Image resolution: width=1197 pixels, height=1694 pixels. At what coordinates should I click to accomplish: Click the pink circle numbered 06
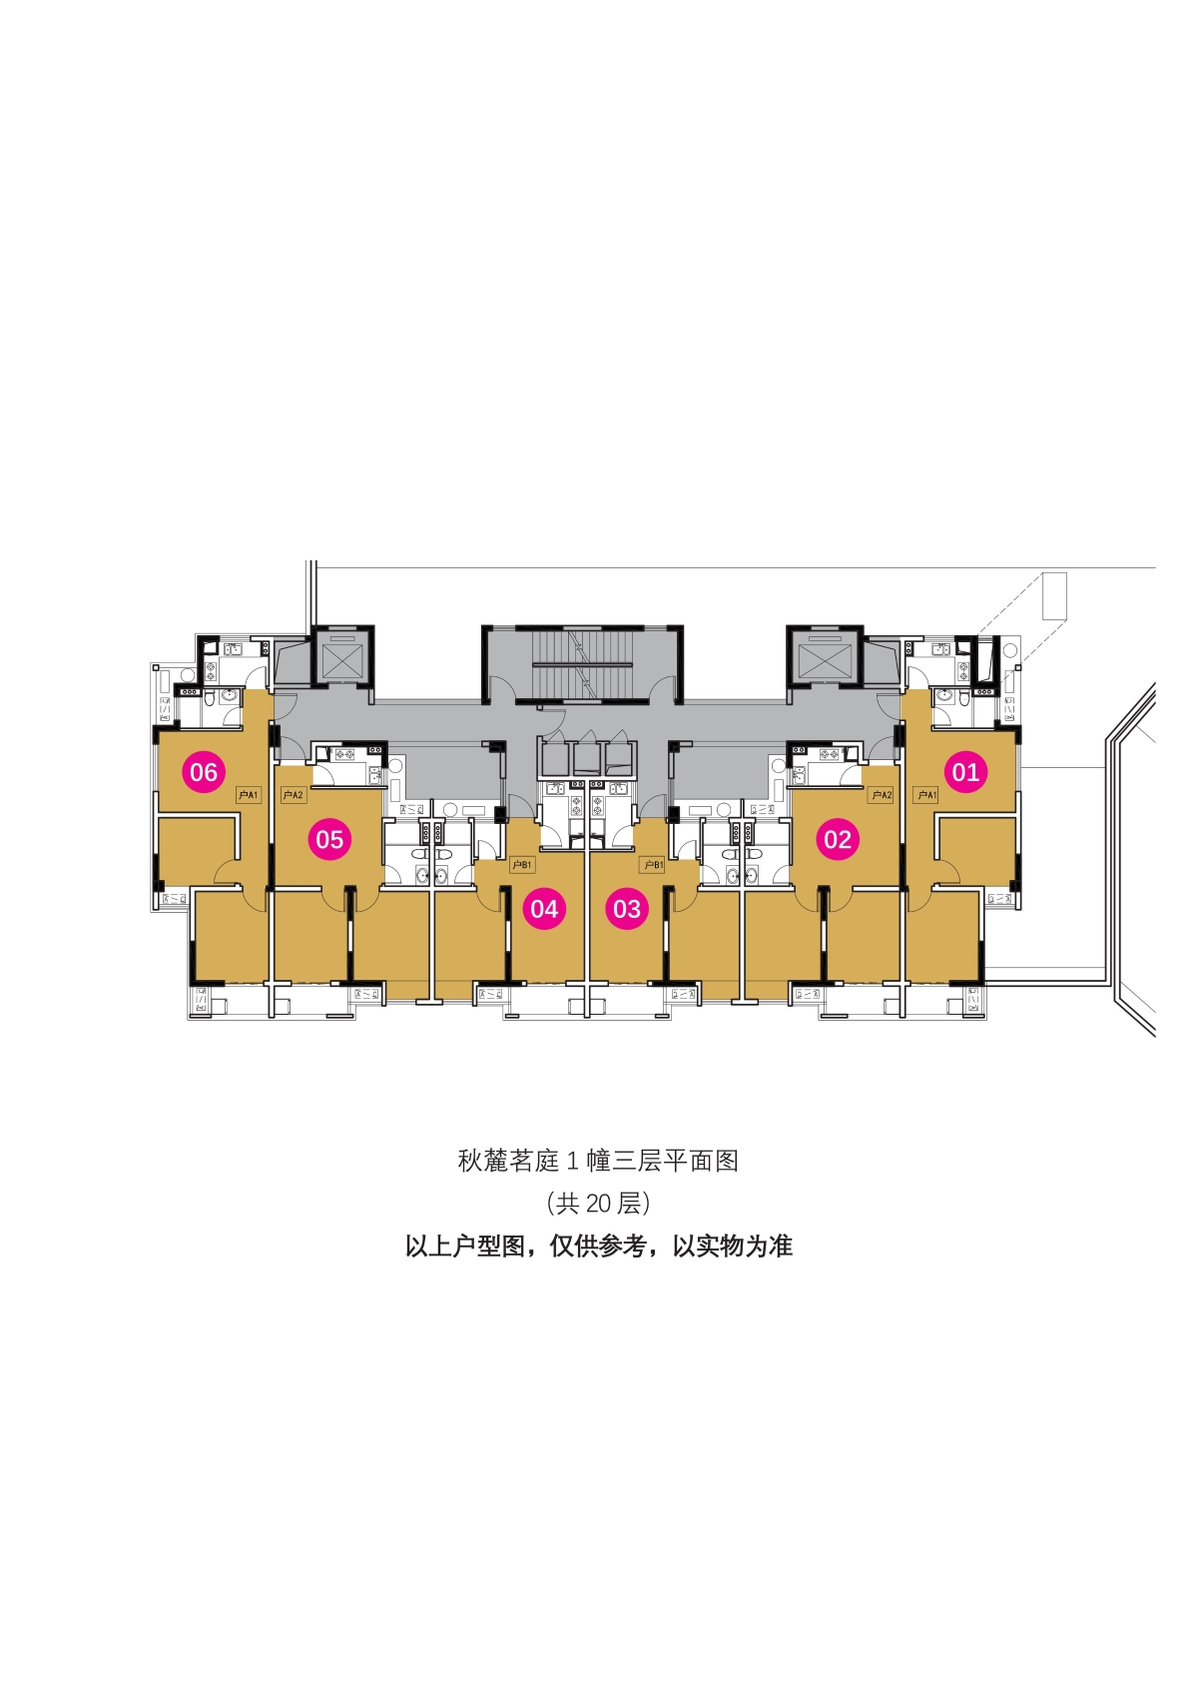coord(204,772)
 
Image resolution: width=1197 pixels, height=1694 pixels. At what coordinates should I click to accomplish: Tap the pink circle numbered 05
coord(329,839)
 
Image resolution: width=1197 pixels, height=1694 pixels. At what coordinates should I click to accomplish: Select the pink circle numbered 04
coord(544,908)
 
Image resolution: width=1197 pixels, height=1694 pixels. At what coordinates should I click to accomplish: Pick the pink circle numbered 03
coord(627,908)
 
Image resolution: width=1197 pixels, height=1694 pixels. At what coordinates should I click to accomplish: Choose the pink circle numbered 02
coord(838,839)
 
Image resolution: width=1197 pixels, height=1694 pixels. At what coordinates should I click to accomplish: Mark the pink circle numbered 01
coord(965,772)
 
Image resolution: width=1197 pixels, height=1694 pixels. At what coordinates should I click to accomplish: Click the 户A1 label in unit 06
coord(248,795)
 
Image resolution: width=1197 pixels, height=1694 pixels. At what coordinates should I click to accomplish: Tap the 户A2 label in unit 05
coord(294,795)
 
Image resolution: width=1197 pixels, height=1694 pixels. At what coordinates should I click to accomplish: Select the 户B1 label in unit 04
coord(522,864)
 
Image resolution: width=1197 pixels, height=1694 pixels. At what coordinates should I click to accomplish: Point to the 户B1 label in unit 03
coord(653,864)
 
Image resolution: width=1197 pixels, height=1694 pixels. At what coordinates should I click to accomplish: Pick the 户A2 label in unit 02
coord(882,795)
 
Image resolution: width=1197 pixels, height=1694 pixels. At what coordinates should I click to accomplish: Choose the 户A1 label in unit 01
coord(926,795)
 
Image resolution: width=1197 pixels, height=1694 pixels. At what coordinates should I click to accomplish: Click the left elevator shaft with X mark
coord(343,656)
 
